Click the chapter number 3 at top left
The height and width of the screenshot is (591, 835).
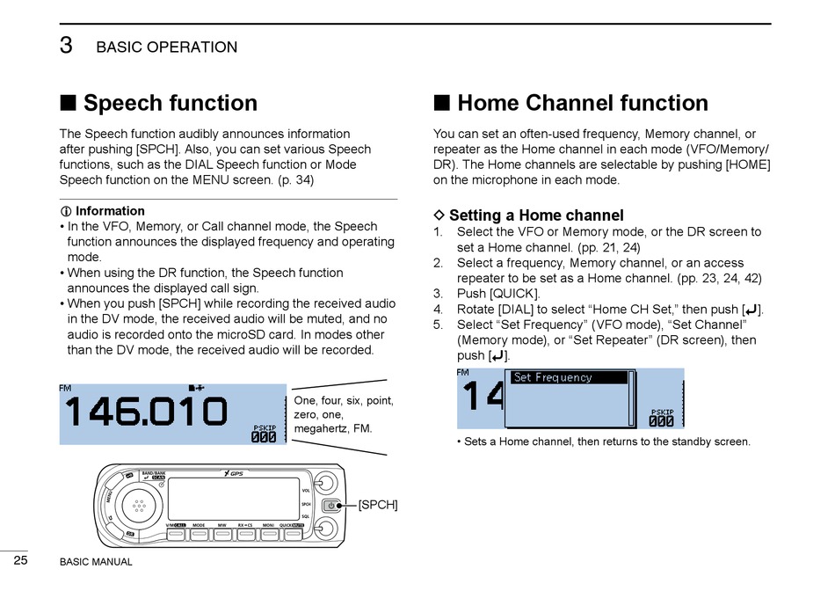click(66, 46)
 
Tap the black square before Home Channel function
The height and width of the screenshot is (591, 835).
click(442, 103)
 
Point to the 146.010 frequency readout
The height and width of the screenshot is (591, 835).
click(146, 412)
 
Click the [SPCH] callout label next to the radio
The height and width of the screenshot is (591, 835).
click(378, 505)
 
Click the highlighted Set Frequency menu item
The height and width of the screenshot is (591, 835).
click(570, 377)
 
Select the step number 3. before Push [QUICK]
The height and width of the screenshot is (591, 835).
click(438, 294)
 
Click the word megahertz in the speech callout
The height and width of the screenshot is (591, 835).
click(323, 428)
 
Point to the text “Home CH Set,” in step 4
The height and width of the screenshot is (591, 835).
click(628, 309)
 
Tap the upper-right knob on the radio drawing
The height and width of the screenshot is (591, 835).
click(326, 482)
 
